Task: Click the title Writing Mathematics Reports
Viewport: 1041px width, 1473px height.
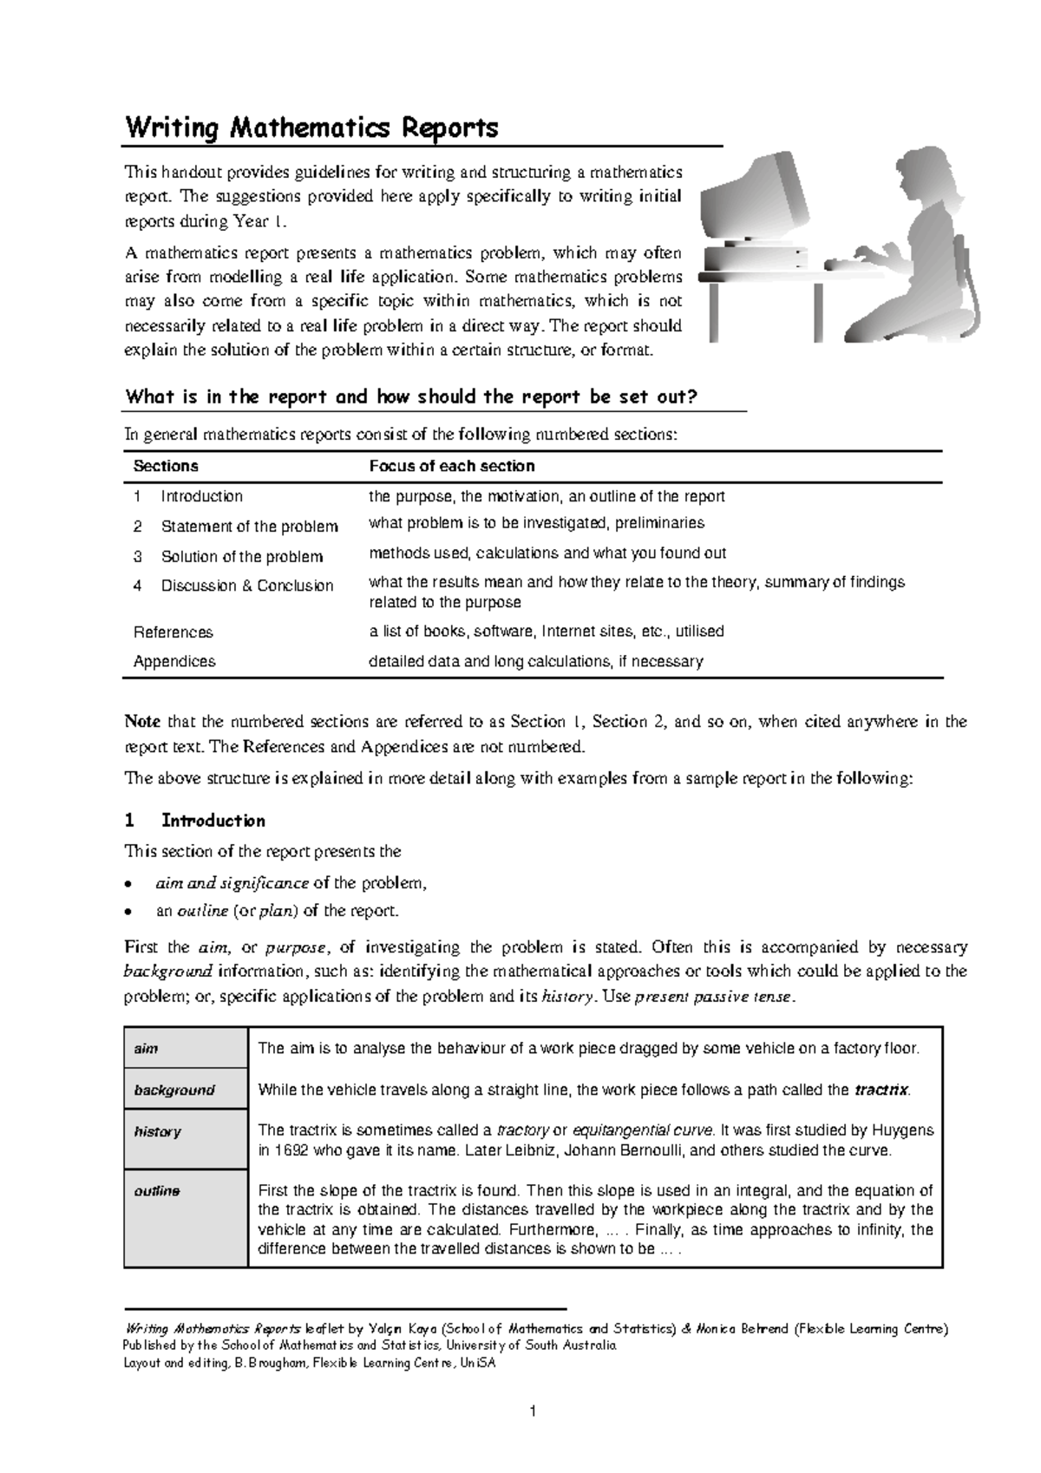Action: click(x=312, y=128)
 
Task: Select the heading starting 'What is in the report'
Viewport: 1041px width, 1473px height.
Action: click(x=411, y=397)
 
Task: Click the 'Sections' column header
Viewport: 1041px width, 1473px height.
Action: click(x=166, y=466)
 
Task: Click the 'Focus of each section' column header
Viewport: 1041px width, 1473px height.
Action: click(x=451, y=466)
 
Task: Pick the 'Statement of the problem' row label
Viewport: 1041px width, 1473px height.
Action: click(x=249, y=527)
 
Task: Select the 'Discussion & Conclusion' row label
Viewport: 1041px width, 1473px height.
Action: click(x=246, y=586)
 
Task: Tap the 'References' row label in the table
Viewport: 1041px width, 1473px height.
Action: click(x=173, y=632)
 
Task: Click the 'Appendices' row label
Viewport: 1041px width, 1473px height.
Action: click(x=174, y=661)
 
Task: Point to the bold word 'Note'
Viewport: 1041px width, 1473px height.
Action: click(x=142, y=722)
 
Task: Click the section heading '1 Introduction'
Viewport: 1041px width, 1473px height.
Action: click(x=196, y=821)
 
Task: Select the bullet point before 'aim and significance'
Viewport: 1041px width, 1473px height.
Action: click(x=128, y=885)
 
